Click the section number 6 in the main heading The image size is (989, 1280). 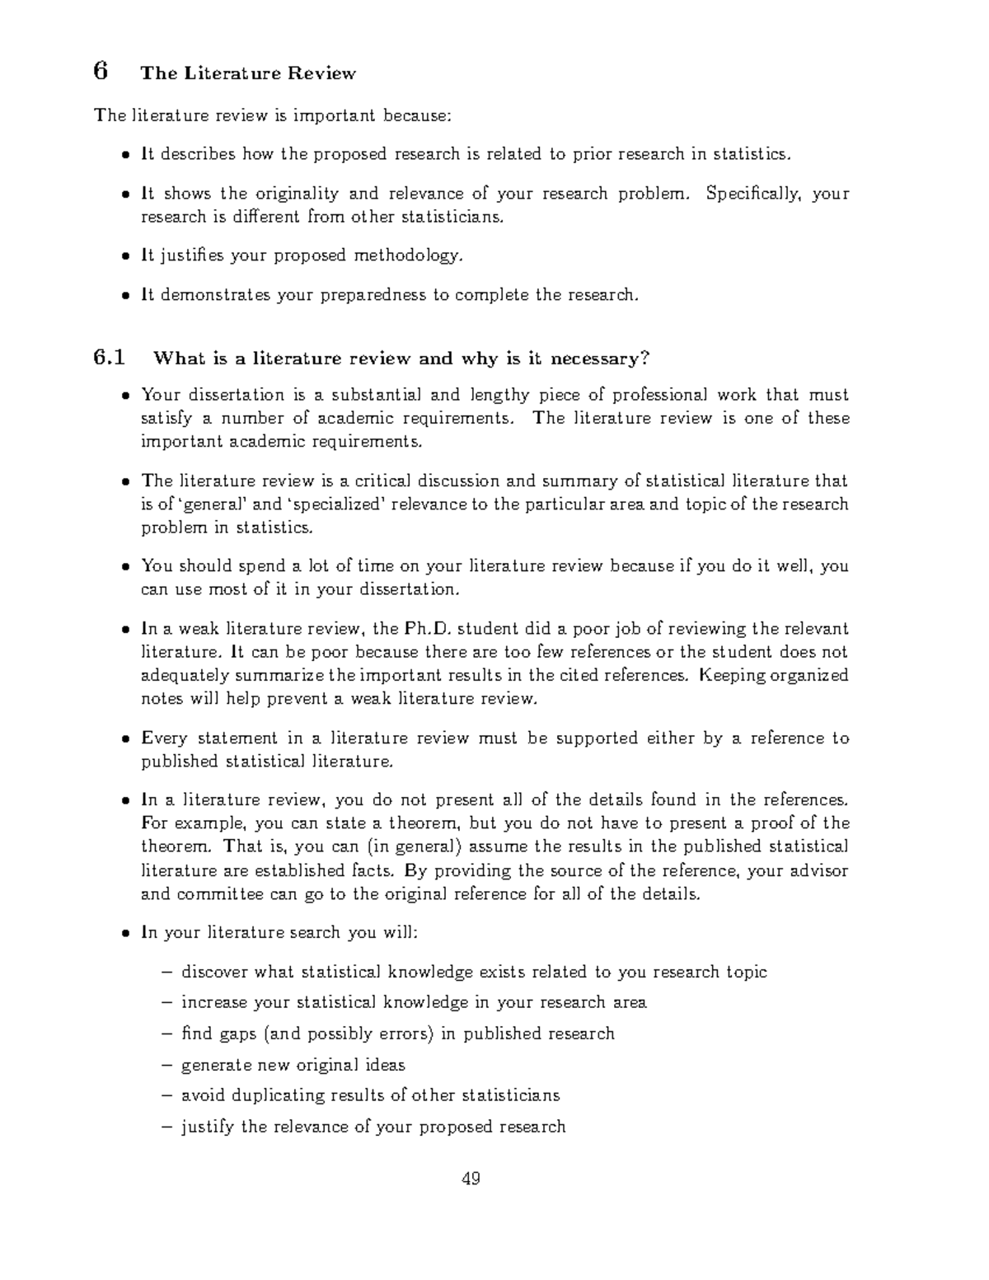[101, 72]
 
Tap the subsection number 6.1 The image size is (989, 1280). [110, 359]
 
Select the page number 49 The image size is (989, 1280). [471, 1179]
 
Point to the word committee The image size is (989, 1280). [219, 894]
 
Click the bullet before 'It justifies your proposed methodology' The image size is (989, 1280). [125, 256]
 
